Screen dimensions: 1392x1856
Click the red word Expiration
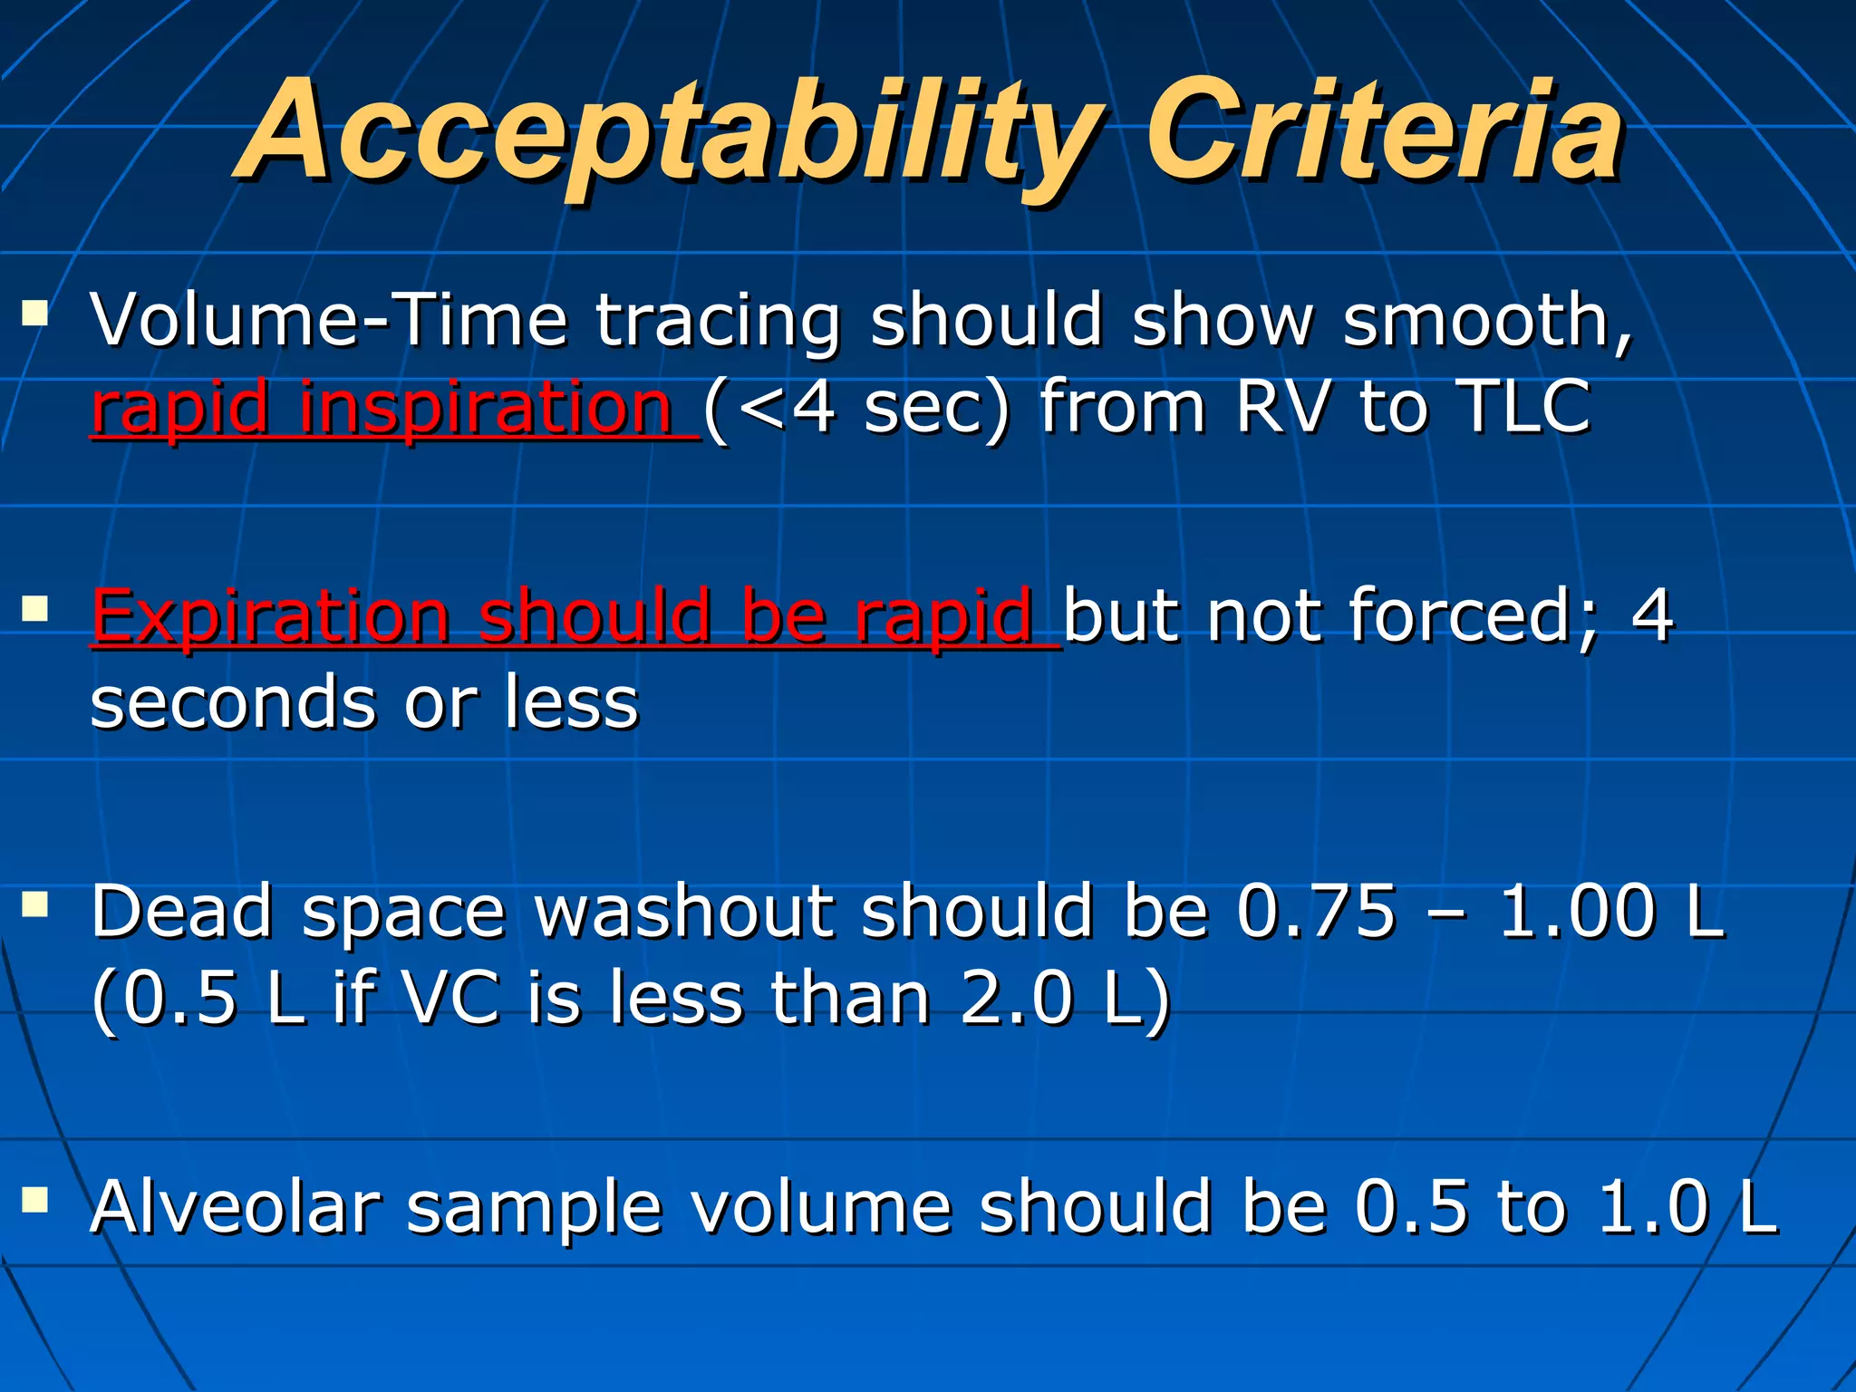pos(272,616)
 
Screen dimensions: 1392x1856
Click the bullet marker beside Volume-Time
pos(35,314)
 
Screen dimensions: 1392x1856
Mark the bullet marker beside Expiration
pos(35,609)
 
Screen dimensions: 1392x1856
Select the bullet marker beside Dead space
pos(35,904)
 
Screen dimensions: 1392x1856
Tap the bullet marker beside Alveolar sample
pos(35,1201)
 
